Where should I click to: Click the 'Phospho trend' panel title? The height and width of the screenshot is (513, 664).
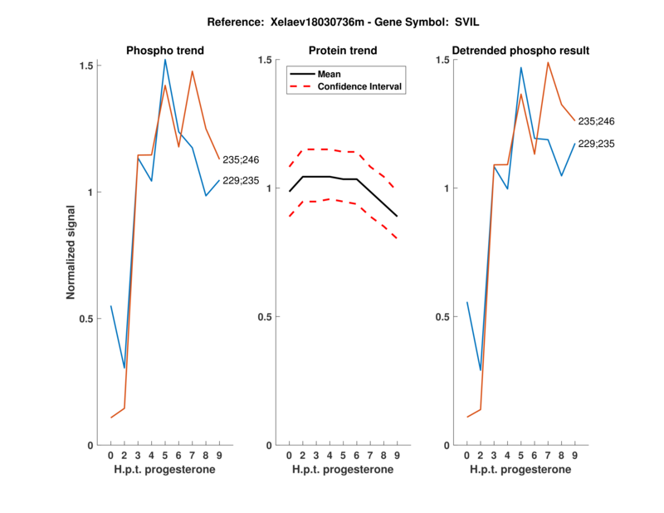165,51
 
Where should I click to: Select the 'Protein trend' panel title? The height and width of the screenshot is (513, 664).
343,51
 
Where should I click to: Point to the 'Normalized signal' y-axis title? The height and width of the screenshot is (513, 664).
73,253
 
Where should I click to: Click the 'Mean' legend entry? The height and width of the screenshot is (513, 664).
330,74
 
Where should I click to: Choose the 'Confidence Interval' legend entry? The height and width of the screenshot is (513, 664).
360,86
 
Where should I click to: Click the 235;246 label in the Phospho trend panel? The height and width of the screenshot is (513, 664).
242,159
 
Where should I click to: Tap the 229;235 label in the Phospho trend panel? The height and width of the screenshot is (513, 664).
242,180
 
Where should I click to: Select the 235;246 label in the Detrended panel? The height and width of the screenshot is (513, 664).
597,121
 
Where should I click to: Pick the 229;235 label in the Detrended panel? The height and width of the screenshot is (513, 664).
597,144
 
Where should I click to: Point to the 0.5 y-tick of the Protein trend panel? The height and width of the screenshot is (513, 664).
266,316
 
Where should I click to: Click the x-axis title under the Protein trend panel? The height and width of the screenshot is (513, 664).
343,470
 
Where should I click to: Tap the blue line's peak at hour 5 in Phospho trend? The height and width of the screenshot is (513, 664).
165,60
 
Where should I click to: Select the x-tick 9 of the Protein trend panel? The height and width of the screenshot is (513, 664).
397,456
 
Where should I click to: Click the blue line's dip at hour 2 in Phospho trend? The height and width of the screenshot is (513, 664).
124,368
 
